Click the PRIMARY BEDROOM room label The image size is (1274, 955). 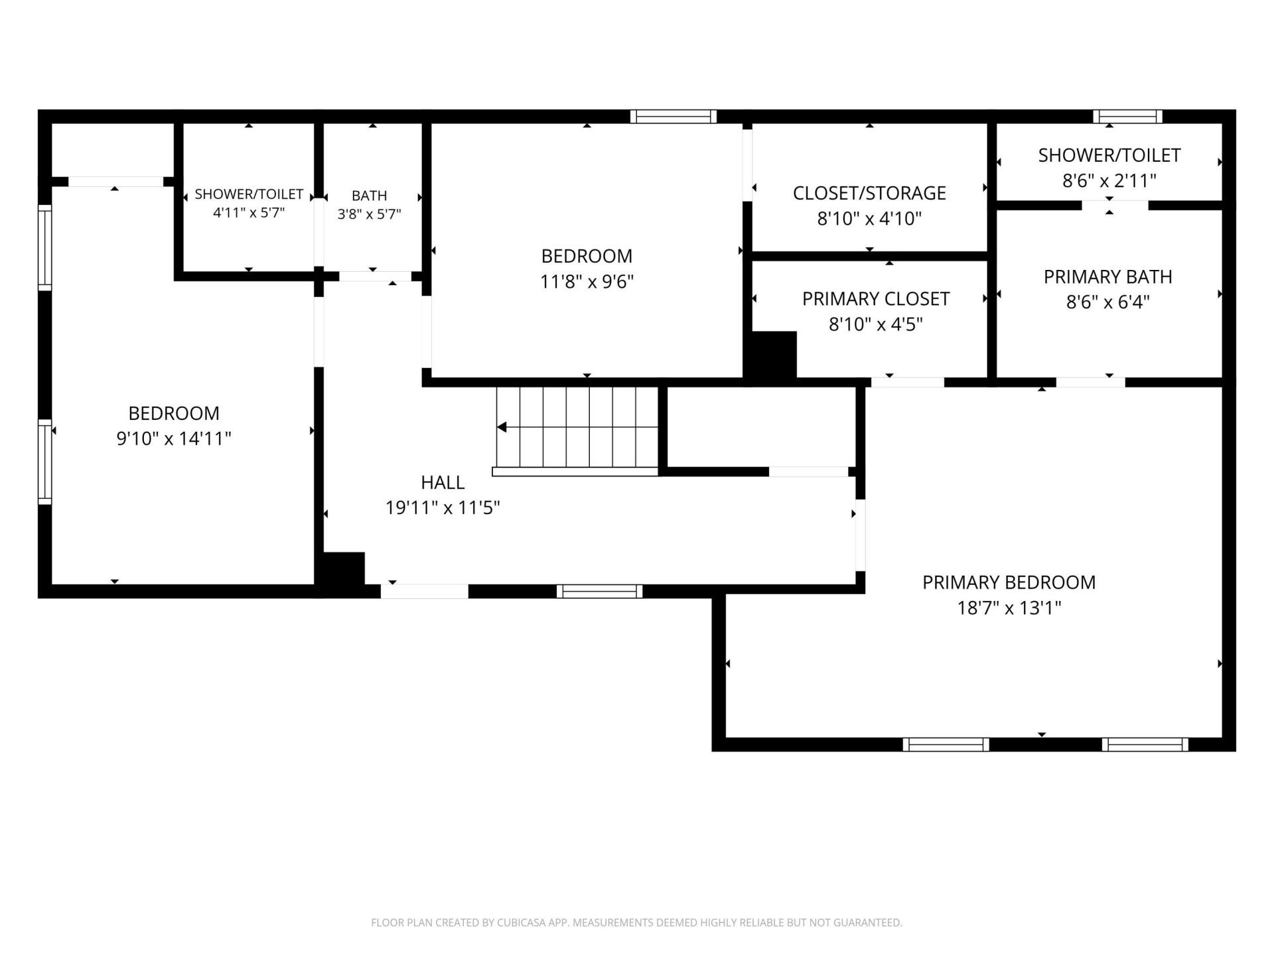tap(1009, 582)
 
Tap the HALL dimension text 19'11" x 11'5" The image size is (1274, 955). tap(443, 508)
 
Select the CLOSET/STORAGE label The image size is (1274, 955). tap(869, 193)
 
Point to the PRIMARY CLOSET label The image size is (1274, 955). tap(876, 299)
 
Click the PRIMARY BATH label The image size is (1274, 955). tap(1108, 277)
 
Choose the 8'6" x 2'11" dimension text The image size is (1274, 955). tap(1109, 180)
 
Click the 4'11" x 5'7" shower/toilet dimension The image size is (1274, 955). tap(249, 213)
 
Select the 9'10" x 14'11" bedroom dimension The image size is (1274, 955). tap(174, 438)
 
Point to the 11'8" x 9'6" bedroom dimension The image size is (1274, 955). tap(587, 282)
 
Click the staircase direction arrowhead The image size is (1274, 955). tap(502, 427)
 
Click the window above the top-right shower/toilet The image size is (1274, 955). tap(1128, 117)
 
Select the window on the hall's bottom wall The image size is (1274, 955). tap(599, 592)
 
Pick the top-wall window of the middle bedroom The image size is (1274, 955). tap(673, 117)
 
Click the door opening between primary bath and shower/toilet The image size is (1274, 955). tap(1115, 206)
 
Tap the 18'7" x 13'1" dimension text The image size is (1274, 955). tap(1009, 608)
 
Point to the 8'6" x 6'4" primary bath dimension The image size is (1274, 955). tap(1108, 302)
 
